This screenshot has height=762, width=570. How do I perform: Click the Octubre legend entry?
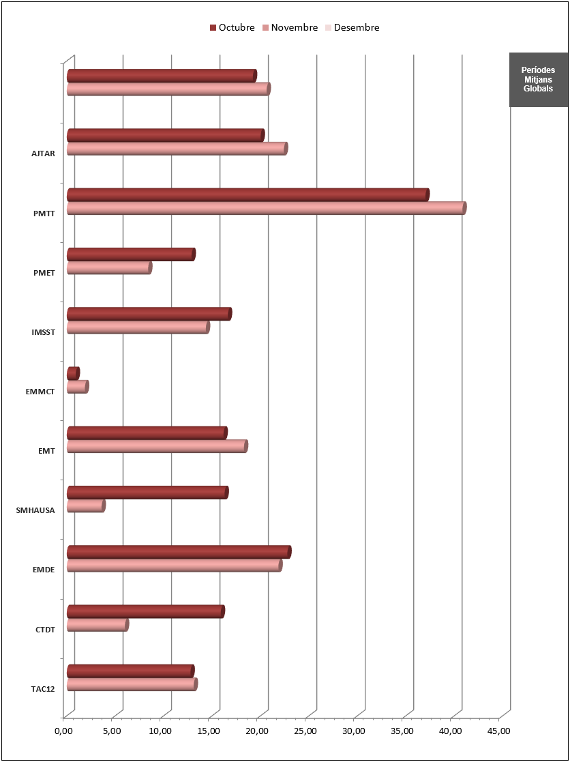(x=232, y=28)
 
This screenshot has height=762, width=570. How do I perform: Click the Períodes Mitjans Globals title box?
(x=538, y=79)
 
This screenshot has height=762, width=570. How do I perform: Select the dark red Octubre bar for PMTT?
(x=247, y=194)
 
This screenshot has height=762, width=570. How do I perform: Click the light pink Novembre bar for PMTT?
(x=266, y=208)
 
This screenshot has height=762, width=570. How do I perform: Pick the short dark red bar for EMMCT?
(x=73, y=373)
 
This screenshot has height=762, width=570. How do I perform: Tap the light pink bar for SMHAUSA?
(x=86, y=505)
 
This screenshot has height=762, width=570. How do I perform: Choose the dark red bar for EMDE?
(x=179, y=552)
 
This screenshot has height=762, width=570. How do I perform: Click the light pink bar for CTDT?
(x=97, y=625)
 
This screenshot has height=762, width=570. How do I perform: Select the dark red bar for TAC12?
(x=130, y=671)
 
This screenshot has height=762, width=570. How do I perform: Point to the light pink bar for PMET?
(x=109, y=268)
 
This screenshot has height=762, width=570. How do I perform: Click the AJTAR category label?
(x=43, y=153)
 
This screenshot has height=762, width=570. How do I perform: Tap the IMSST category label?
(x=43, y=332)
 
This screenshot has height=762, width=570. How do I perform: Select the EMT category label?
(x=46, y=450)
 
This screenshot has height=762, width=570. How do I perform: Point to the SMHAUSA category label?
(x=35, y=510)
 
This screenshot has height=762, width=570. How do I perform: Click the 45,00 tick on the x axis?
(x=499, y=731)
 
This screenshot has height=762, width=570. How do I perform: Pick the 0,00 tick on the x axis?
(x=63, y=731)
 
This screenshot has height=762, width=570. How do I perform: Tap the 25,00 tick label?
(x=305, y=731)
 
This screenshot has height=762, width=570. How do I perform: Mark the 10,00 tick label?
(x=160, y=731)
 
